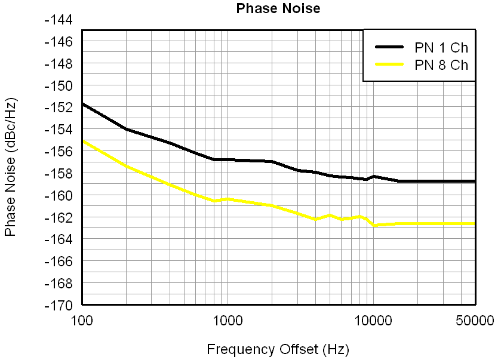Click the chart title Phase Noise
[278, 8]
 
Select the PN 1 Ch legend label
[441, 48]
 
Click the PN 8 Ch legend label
[441, 65]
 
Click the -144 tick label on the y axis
[59, 20]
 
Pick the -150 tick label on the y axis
[59, 86]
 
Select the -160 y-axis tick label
[59, 196]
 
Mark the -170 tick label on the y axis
[59, 305]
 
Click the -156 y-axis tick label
[59, 152]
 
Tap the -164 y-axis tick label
[59, 239]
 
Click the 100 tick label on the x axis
[82, 320]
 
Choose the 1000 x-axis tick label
[227, 320]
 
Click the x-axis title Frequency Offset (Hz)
[278, 349]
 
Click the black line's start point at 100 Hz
[82, 104]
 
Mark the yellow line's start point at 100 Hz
[82, 141]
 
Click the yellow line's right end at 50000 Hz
[475, 224]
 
